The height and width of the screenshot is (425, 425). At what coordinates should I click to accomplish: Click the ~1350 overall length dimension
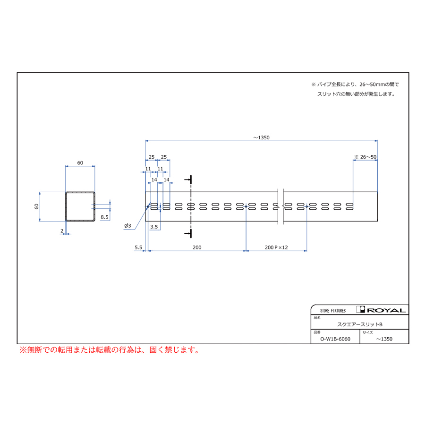pos(261,138)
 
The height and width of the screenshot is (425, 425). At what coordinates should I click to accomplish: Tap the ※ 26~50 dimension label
pos(365,157)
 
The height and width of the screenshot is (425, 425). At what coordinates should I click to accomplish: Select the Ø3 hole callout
pos(127,226)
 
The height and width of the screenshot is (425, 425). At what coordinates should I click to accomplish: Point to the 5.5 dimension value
pos(138,247)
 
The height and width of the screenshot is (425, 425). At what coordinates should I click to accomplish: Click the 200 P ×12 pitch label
pos(276,247)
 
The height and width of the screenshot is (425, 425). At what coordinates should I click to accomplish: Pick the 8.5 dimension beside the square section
pos(104,217)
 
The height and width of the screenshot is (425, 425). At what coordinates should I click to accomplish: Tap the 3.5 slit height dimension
pos(154,227)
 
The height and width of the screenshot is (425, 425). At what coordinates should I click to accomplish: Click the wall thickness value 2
pos(62,231)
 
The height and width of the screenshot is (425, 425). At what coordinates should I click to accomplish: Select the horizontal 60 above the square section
pos(80,163)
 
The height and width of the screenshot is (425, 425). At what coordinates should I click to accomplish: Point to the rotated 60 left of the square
pos(36,206)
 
